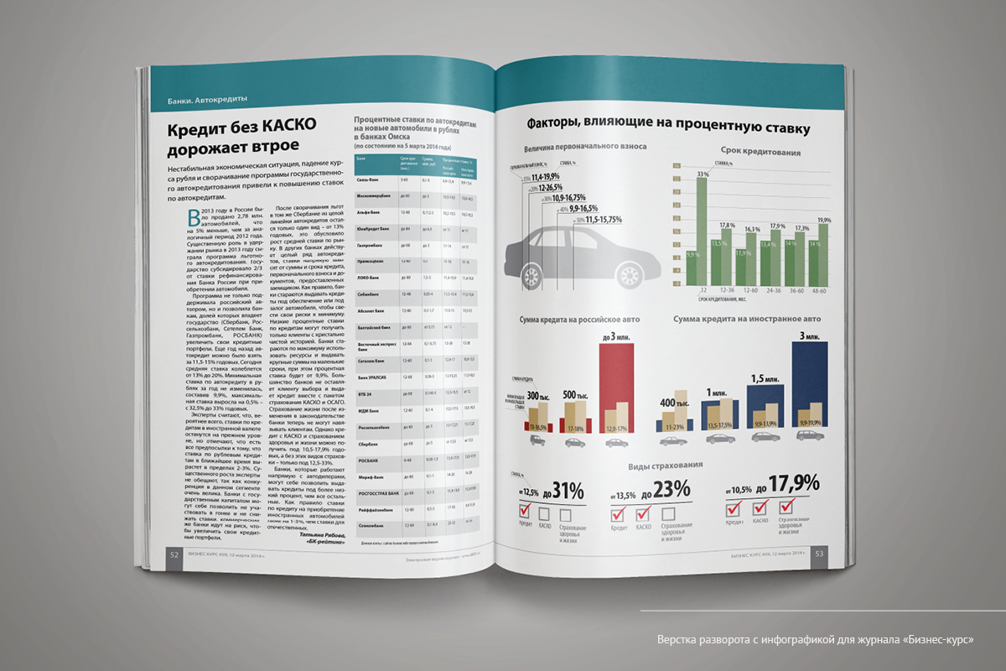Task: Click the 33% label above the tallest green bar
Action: click(703, 174)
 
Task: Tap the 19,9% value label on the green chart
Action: click(825, 220)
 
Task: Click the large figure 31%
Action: click(568, 492)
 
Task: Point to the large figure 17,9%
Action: click(797, 485)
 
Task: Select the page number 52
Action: click(173, 554)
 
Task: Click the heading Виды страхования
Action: click(665, 465)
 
